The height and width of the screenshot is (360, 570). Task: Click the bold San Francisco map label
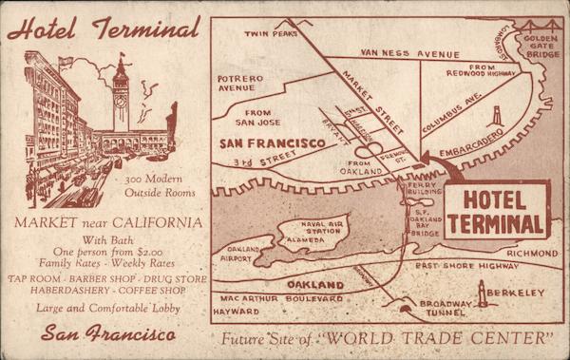273,143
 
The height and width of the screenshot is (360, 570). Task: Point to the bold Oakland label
314,284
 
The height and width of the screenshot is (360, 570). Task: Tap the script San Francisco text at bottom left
107,335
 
